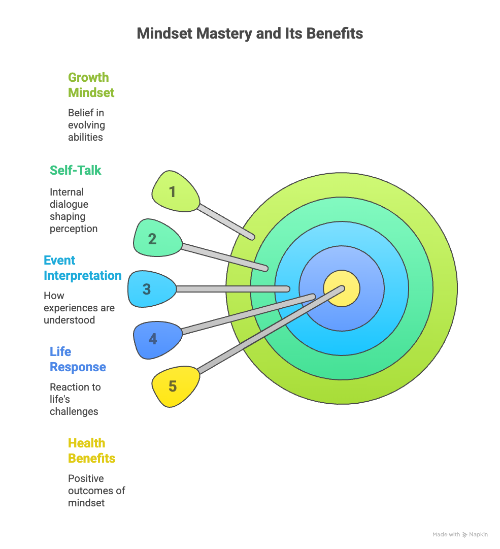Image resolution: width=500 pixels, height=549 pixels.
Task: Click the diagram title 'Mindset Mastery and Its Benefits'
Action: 250,34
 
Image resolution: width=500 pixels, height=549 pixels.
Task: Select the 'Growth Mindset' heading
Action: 91,85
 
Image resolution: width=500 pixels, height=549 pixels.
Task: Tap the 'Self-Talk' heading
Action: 75,171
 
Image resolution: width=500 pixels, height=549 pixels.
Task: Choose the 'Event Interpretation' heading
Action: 83,268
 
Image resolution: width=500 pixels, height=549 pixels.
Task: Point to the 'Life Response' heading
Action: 78,359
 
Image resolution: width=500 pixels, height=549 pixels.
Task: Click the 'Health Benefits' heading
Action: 92,450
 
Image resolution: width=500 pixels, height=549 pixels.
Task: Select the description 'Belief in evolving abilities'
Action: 86,125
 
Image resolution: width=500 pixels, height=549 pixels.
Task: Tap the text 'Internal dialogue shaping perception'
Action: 74,210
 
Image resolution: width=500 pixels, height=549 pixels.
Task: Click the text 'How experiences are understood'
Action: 79,308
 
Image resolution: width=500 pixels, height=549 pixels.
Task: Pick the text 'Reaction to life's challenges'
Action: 75,399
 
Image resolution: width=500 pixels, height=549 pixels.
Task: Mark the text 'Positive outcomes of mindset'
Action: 96,491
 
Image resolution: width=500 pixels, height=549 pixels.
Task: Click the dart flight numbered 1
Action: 175,192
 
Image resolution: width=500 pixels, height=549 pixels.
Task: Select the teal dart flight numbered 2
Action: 157,238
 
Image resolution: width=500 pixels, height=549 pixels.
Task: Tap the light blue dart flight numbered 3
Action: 151,289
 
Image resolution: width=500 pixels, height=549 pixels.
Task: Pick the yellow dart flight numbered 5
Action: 175,386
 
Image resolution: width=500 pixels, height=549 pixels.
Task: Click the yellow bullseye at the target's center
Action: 342,288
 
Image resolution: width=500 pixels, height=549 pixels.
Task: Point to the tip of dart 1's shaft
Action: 252,237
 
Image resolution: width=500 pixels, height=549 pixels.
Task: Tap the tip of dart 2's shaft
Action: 265,269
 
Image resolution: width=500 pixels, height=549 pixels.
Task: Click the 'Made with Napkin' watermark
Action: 460,534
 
